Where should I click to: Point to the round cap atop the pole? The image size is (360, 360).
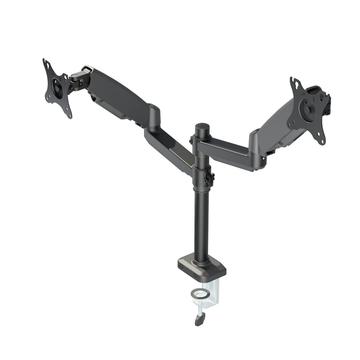pyautogui.click(x=202, y=128)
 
